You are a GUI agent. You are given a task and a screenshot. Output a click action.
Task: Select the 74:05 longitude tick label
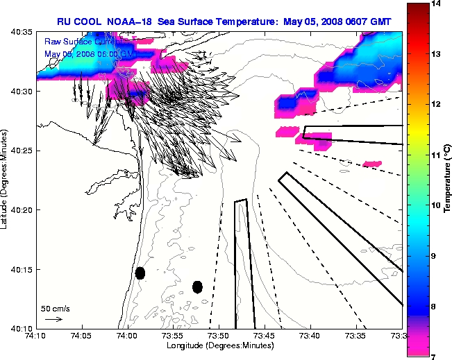[81, 336]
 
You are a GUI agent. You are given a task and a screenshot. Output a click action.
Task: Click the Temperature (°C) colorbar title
[447, 180]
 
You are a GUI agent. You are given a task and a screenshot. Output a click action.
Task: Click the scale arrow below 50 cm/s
[53, 319]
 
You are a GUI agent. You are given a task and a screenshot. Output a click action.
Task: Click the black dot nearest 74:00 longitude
[140, 273]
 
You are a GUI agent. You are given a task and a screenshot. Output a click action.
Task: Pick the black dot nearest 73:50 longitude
[197, 286]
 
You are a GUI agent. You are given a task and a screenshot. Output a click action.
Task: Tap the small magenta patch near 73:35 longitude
[372, 164]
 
